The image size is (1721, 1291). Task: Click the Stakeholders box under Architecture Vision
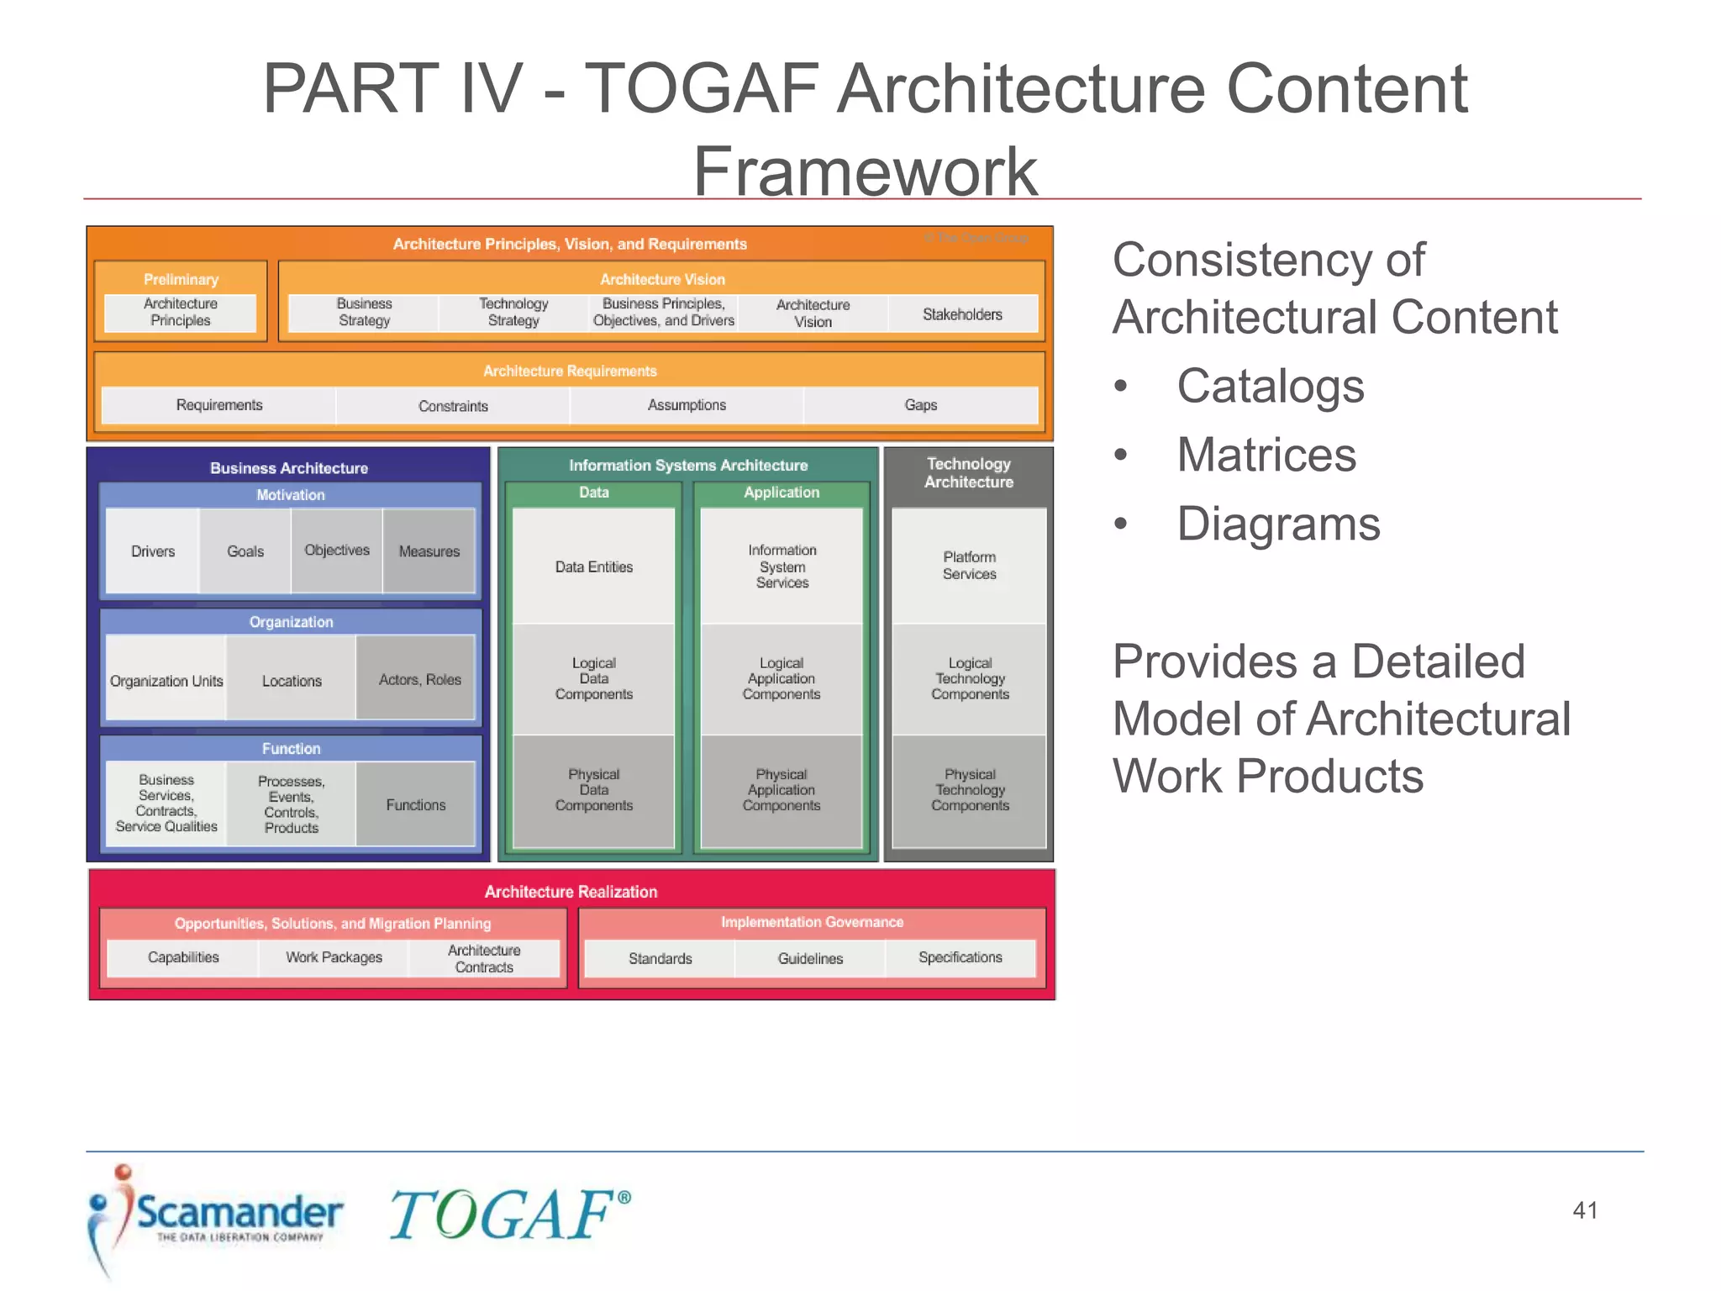[962, 314]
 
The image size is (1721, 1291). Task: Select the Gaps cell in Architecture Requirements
[920, 405]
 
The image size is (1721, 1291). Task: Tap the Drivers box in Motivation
[153, 551]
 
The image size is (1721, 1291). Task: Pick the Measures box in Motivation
[429, 551]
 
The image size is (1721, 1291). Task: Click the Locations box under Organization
[292, 681]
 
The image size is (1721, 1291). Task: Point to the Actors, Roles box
[419, 679]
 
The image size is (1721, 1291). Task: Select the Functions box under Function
[415, 804]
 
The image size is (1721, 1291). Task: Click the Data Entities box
[593, 567]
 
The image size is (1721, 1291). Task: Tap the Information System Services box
[782, 566]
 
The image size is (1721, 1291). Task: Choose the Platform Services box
[969, 566]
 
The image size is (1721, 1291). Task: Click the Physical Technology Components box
[969, 790]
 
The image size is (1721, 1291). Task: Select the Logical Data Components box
[593, 678]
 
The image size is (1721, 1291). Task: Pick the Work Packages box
[334, 957]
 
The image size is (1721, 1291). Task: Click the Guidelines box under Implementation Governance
[810, 958]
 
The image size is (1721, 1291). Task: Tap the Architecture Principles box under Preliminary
[180, 312]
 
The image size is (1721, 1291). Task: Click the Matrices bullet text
[1266, 456]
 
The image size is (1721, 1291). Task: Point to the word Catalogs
[1270, 387]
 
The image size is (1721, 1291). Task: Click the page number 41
[1585, 1210]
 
